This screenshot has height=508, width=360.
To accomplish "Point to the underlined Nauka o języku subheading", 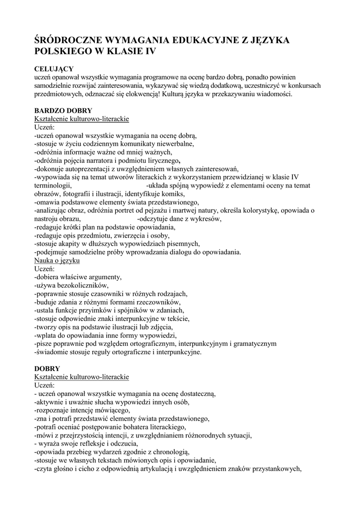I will tap(57, 260).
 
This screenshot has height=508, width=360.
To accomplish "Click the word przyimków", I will tap(107, 310).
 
